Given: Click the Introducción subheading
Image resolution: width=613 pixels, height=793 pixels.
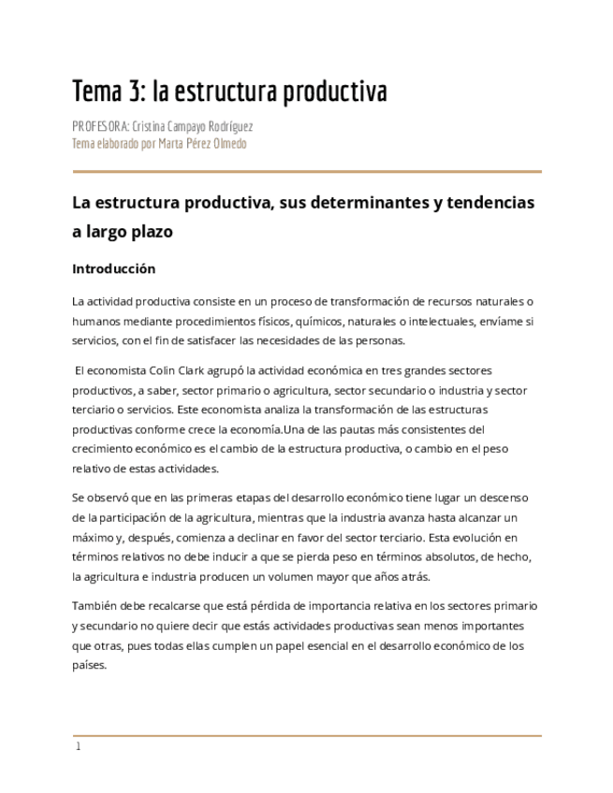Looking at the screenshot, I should (x=113, y=268).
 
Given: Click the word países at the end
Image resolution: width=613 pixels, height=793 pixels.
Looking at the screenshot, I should (x=89, y=665).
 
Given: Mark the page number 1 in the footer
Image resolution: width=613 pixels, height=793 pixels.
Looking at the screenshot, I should (x=79, y=746).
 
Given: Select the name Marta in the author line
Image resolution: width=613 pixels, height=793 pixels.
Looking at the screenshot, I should (x=174, y=144).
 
